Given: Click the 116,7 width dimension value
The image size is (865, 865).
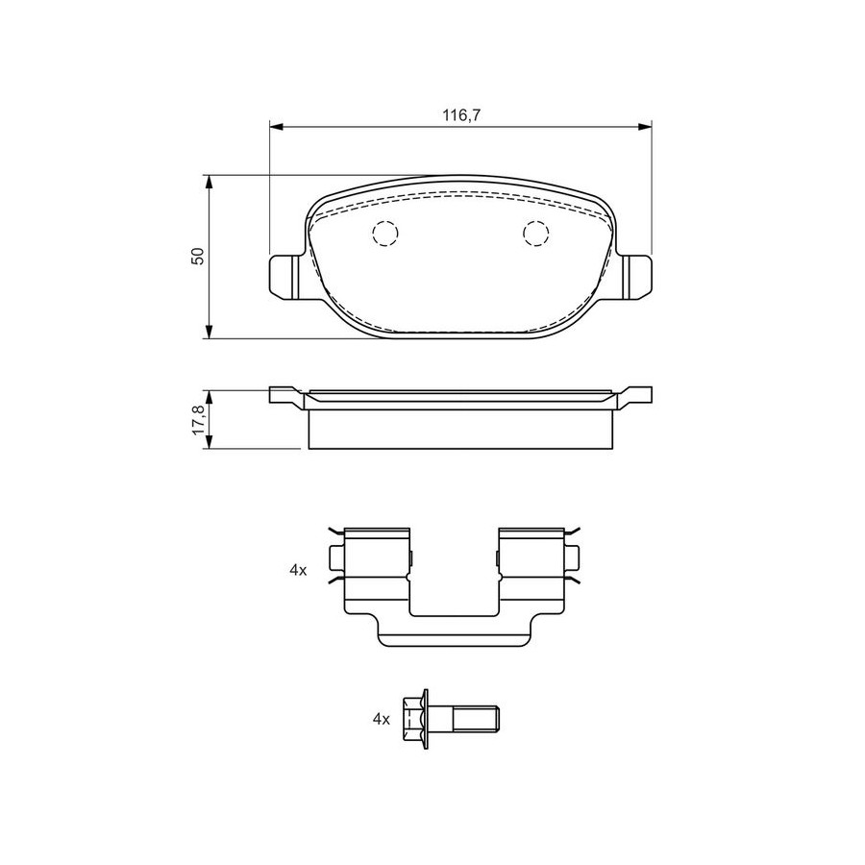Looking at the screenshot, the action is (x=461, y=115).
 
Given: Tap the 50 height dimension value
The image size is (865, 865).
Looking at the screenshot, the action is (x=197, y=256).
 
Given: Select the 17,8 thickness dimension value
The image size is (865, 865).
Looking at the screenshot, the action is (x=199, y=420).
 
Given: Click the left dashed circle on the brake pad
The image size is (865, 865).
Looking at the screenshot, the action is (x=384, y=234).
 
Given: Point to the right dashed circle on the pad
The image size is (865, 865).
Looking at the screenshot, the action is (x=535, y=234).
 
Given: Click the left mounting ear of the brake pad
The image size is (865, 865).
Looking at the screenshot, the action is (x=285, y=278).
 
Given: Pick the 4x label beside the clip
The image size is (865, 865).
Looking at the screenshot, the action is (x=298, y=570).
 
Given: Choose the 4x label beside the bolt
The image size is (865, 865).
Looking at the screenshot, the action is (x=382, y=719).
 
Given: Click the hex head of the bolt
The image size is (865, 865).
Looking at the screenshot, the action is (x=415, y=719).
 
